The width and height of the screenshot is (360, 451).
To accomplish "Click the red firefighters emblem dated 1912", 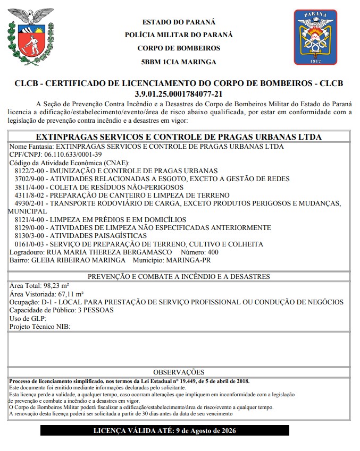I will (x=315, y=37).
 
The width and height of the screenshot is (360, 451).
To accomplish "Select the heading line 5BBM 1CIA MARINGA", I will (x=179, y=62).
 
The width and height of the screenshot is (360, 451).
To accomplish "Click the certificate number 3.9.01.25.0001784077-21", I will (x=179, y=93).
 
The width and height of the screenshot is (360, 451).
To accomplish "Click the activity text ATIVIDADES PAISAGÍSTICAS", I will (x=99, y=235).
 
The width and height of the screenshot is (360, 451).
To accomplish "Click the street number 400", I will (x=213, y=252).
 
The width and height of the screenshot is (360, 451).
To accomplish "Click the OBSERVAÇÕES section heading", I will (x=179, y=372).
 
